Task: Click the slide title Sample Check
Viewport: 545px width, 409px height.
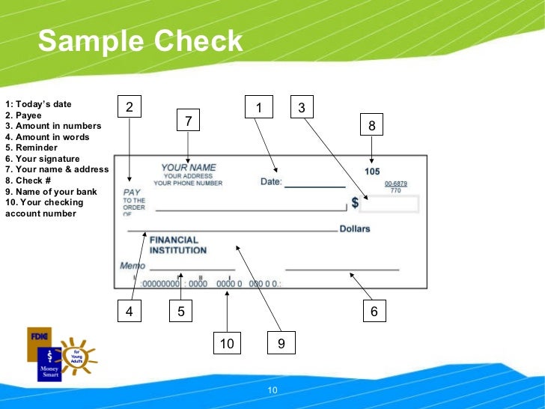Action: click(141, 41)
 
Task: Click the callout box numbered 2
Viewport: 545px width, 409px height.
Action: click(130, 108)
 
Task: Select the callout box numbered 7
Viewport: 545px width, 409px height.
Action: click(189, 121)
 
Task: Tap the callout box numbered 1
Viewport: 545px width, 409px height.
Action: click(258, 108)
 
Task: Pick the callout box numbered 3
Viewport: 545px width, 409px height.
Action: click(302, 108)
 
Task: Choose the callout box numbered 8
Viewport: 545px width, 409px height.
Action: click(371, 127)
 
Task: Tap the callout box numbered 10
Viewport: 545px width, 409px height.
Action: click(227, 343)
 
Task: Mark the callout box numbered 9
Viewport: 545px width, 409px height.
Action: click(281, 343)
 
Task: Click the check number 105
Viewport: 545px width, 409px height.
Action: click(372, 172)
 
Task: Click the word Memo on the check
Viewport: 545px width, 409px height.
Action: click(133, 266)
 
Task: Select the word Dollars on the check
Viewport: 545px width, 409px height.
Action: click(355, 228)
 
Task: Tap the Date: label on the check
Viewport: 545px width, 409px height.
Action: click(271, 181)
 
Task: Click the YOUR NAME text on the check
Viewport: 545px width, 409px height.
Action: click(189, 168)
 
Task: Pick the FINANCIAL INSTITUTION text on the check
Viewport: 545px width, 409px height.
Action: click(178, 246)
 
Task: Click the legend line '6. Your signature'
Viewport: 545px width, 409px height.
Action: click(42, 158)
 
